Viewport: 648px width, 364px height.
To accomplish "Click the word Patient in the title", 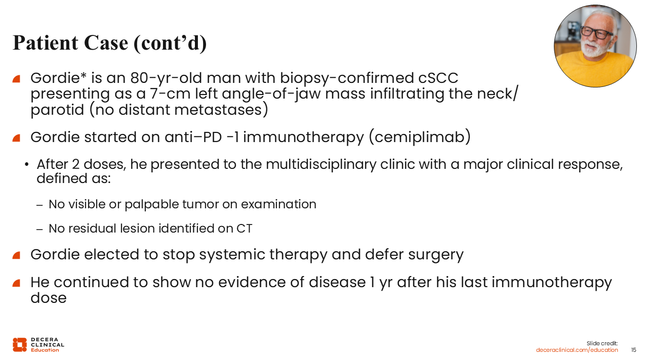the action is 46,43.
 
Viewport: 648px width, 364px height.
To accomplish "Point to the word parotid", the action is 57,110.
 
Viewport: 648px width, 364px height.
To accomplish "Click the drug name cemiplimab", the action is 420,137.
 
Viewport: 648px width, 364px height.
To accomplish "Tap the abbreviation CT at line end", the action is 245,229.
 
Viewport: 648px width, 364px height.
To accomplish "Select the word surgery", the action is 436,255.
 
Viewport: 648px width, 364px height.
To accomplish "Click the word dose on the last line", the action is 49,298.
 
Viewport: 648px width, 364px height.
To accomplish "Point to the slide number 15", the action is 633,350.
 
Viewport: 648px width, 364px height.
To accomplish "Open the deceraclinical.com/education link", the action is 577,350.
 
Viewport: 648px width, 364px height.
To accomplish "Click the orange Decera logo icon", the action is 20,345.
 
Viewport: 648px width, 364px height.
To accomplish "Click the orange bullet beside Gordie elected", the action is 16,255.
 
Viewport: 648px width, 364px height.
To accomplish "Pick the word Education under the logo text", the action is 45,350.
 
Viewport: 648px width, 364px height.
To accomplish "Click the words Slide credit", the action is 602,343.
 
